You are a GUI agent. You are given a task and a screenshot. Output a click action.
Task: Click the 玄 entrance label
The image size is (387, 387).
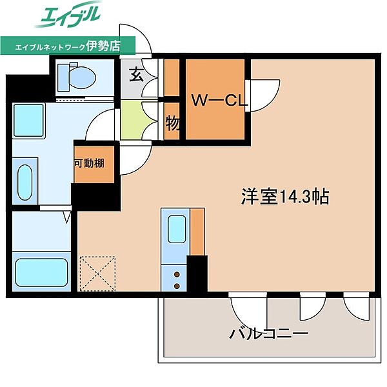tap(136, 75)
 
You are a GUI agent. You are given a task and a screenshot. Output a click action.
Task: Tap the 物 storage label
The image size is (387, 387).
tap(172, 123)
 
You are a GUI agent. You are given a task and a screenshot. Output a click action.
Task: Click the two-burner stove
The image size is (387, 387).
tap(175, 279)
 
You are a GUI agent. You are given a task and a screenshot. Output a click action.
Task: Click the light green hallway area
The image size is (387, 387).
tap(134, 118)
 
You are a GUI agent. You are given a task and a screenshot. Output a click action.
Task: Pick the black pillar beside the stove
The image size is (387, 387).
tap(197, 273)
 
